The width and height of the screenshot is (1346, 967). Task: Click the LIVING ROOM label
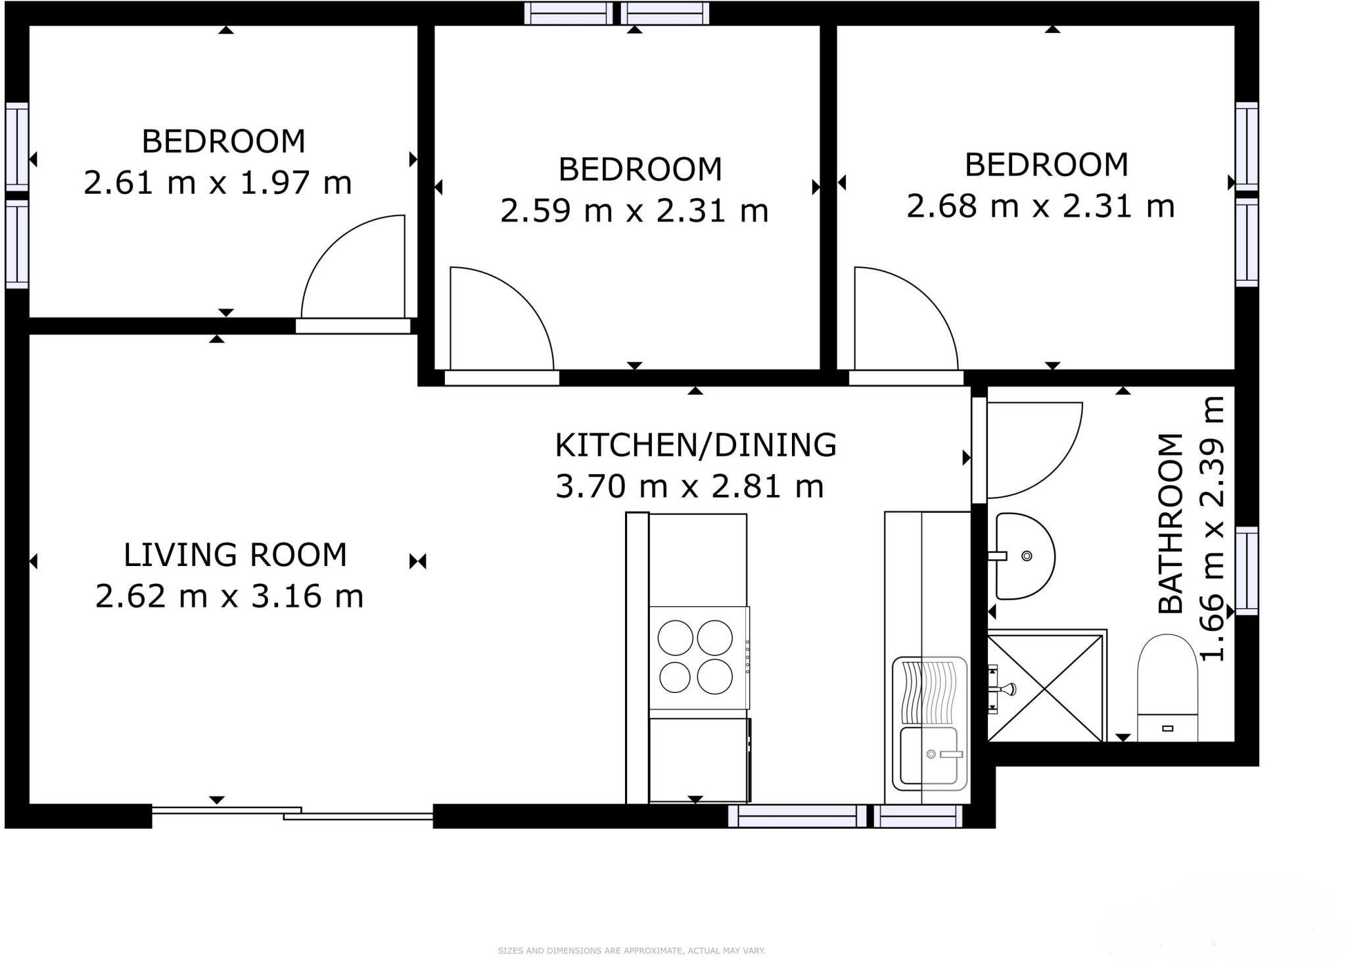(235, 555)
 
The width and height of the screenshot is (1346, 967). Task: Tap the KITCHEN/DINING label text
(695, 445)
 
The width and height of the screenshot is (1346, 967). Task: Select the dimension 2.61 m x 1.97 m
(218, 183)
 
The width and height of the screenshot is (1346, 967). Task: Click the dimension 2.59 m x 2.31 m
(634, 211)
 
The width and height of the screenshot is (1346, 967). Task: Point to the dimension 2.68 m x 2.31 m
(1040, 206)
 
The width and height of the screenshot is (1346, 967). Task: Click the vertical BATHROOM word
(1171, 523)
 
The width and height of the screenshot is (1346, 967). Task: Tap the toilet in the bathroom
(1167, 688)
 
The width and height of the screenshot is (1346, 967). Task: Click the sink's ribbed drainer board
(929, 691)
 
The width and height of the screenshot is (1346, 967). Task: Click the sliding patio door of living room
(292, 813)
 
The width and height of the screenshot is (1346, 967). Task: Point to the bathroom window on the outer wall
(1246, 571)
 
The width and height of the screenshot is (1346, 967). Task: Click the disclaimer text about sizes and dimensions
(631, 951)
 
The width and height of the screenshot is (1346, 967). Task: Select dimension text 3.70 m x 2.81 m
(689, 487)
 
